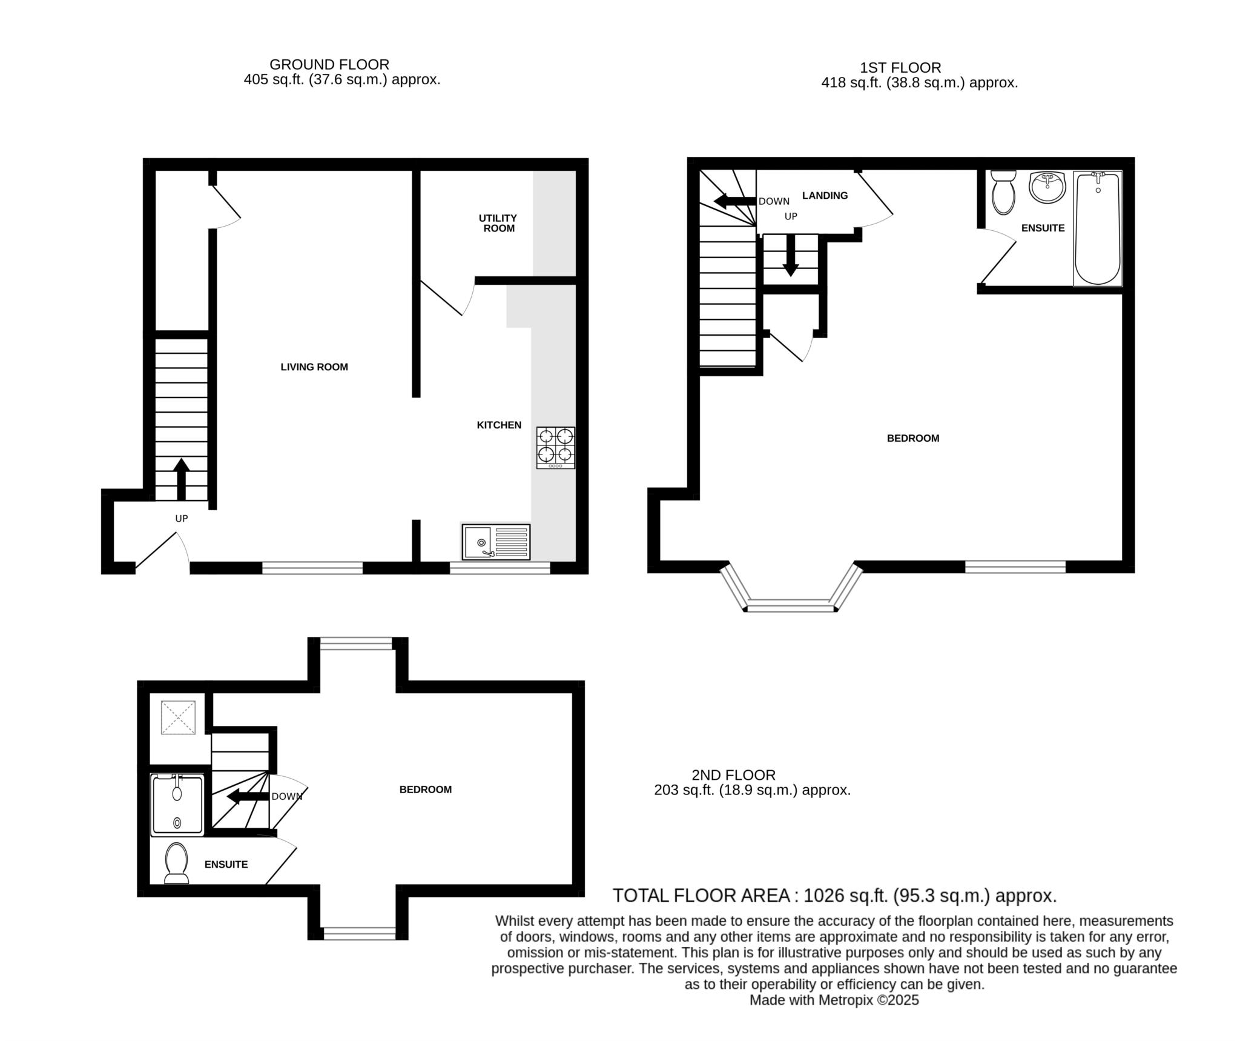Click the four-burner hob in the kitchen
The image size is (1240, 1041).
[555, 447]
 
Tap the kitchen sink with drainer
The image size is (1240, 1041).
[496, 542]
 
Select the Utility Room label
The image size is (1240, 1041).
[498, 223]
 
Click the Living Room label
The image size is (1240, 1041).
[314, 367]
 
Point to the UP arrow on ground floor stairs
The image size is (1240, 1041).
[181, 479]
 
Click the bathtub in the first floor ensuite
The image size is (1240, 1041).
[1097, 228]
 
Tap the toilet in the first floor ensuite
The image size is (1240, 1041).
[1003, 192]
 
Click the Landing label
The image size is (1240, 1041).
[825, 195]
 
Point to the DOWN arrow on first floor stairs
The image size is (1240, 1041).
[734, 201]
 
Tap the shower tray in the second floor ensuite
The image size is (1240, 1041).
[177, 805]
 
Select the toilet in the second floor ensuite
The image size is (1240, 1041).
[176, 863]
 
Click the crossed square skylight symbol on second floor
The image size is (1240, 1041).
[178, 717]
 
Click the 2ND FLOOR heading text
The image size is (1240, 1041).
[733, 774]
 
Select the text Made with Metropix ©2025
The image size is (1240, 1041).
[834, 1000]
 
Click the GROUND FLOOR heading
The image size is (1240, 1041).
[329, 64]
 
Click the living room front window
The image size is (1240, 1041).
[312, 568]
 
